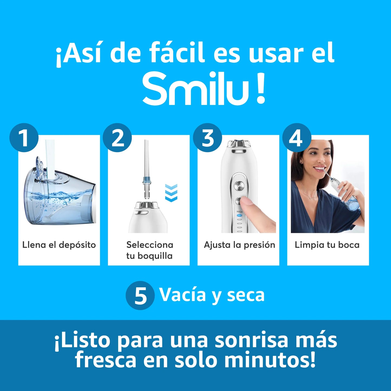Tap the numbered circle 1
pos(24,138)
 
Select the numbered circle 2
pos(117,138)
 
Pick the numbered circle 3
pos(208,138)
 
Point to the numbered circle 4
pos(297,138)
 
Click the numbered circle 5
pos(140,295)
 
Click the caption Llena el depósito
pos(59,245)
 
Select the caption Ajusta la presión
pos(239,245)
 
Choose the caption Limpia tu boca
pos(327,245)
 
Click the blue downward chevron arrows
pos(171,193)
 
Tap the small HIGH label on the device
pos(239,212)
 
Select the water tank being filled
pos(60,200)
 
